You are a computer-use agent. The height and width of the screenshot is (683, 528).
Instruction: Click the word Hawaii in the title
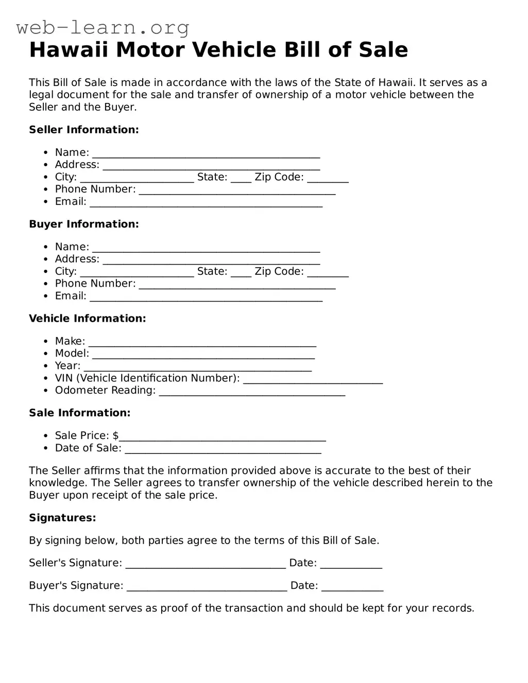click(x=69, y=50)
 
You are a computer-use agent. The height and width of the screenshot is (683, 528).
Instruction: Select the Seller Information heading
click(x=84, y=130)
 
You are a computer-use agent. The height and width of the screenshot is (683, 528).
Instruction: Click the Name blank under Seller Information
click(x=206, y=154)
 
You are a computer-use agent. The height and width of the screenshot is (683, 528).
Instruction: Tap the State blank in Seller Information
click(x=241, y=179)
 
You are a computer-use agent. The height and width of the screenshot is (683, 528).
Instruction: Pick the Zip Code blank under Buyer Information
click(x=328, y=273)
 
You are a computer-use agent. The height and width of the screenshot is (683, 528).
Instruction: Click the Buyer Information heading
click(x=84, y=224)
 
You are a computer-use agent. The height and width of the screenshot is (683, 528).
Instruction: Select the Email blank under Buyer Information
click(x=206, y=297)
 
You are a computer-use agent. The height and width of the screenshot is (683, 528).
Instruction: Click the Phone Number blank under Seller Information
click(x=237, y=191)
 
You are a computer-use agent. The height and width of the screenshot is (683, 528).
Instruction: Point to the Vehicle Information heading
click(x=88, y=319)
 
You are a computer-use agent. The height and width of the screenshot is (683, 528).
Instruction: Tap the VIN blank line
click(x=313, y=380)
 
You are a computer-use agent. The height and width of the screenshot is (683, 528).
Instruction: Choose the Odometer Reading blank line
click(x=252, y=392)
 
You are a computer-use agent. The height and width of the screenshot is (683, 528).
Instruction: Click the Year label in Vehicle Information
click(x=67, y=366)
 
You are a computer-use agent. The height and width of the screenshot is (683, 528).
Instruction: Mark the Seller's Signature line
click(x=206, y=565)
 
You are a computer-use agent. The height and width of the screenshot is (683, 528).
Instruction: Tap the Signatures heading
click(x=62, y=518)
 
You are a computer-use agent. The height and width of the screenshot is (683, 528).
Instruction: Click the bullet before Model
click(x=46, y=354)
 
